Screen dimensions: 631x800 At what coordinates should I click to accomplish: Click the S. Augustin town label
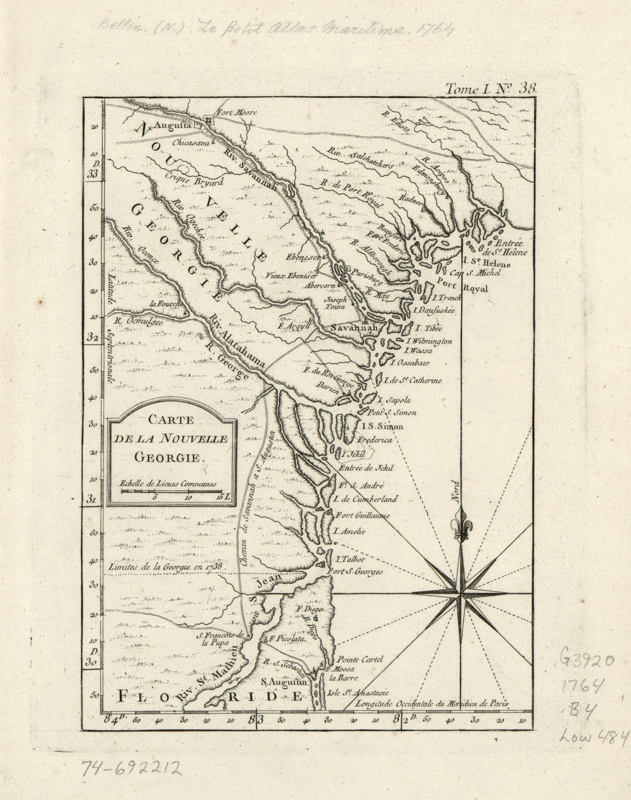point(285,683)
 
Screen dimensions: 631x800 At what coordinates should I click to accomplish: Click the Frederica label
point(375,440)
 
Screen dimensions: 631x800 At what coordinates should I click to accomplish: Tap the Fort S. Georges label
point(356,572)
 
